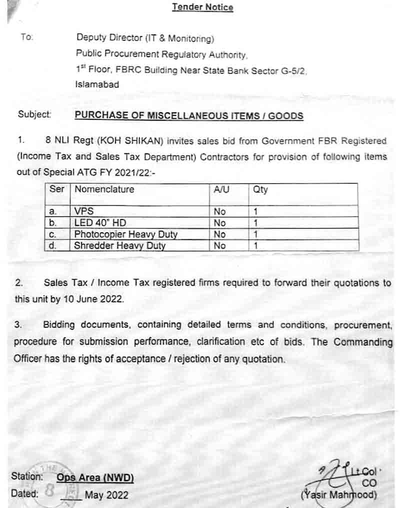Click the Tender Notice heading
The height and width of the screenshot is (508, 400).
pyautogui.click(x=202, y=7)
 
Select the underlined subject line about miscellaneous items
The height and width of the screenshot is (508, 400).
pyautogui.click(x=189, y=115)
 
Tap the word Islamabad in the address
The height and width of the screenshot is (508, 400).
pyautogui.click(x=97, y=84)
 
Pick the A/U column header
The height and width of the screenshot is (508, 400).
pyautogui.click(x=221, y=189)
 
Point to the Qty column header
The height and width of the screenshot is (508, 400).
pyautogui.click(x=260, y=190)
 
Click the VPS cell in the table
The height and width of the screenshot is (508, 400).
pyautogui.click(x=84, y=211)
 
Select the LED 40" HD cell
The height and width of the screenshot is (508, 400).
pyautogui.click(x=100, y=223)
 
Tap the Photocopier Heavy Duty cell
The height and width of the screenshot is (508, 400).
pyautogui.click(x=126, y=234)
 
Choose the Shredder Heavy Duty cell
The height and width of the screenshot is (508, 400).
pyautogui.click(x=120, y=245)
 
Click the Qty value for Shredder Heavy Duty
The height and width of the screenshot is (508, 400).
pyautogui.click(x=255, y=245)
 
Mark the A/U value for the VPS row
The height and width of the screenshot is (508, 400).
pyautogui.click(x=219, y=211)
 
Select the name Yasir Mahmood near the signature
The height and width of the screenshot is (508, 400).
pyautogui.click(x=339, y=495)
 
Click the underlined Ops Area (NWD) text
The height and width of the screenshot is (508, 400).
pyautogui.click(x=95, y=477)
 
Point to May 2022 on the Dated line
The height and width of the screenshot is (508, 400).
pyautogui.click(x=106, y=495)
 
